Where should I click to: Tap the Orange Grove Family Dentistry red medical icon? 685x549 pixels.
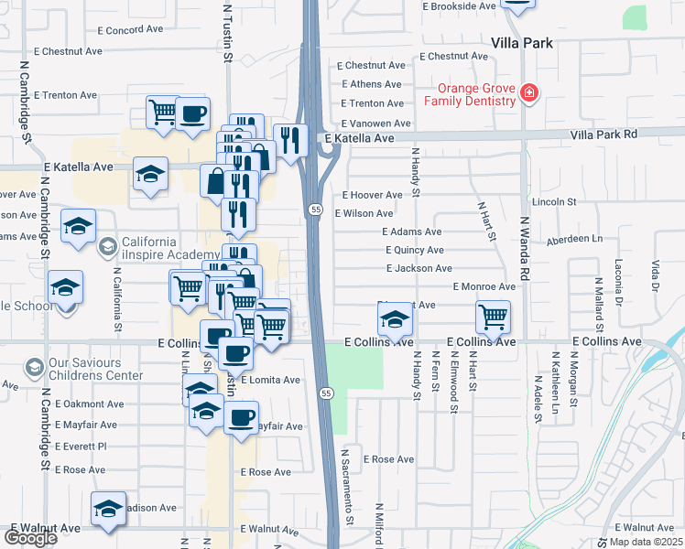click(528, 92)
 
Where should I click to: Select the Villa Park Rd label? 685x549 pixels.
click(603, 134)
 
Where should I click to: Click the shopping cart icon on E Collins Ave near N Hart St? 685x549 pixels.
click(493, 317)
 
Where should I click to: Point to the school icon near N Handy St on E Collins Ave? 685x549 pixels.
click(395, 318)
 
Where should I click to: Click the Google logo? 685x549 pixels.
click(30, 538)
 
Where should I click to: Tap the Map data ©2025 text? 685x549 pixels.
click(646, 542)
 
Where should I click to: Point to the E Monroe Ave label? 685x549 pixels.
click(484, 286)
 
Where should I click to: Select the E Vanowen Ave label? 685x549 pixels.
click(375, 124)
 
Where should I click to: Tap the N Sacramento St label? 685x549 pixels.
click(348, 499)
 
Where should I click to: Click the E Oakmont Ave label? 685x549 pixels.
click(89, 404)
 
